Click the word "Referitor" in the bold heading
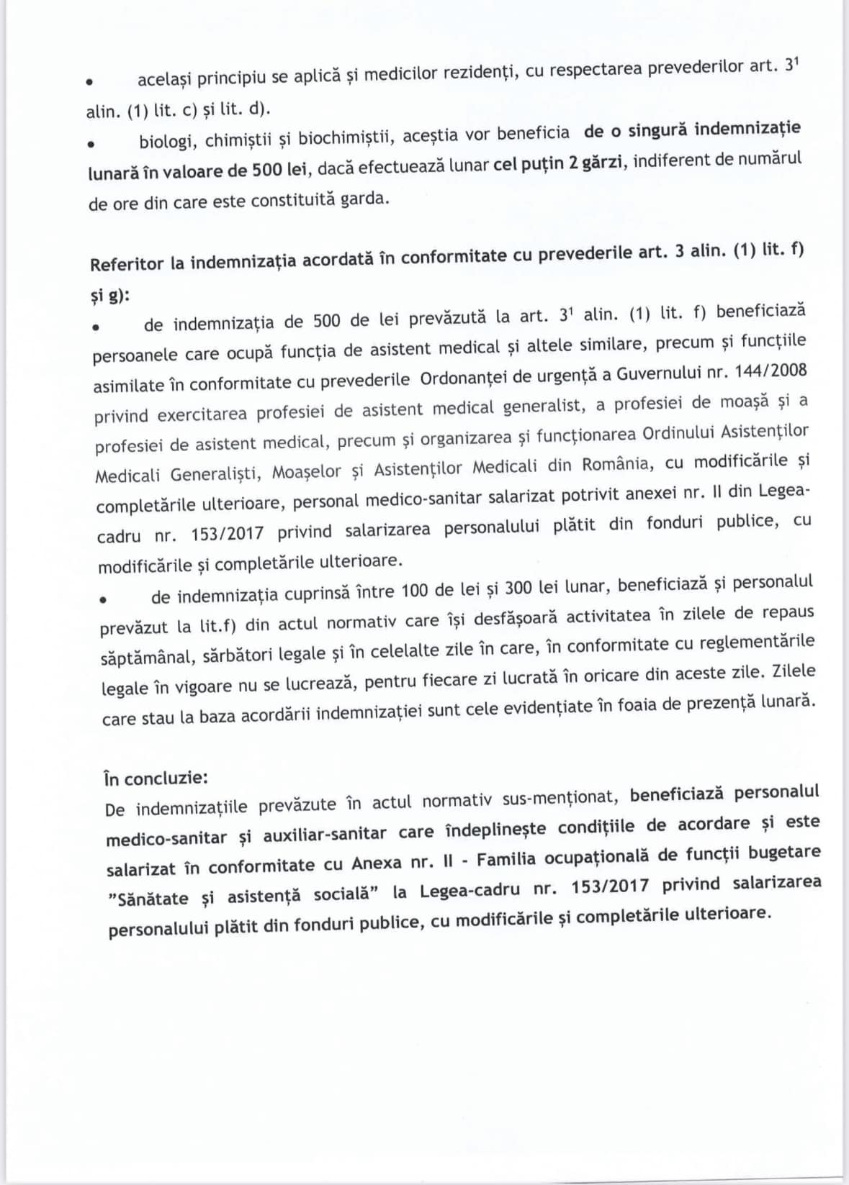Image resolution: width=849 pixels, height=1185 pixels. (x=127, y=264)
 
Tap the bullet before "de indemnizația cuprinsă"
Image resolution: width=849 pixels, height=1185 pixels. (x=103, y=599)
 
